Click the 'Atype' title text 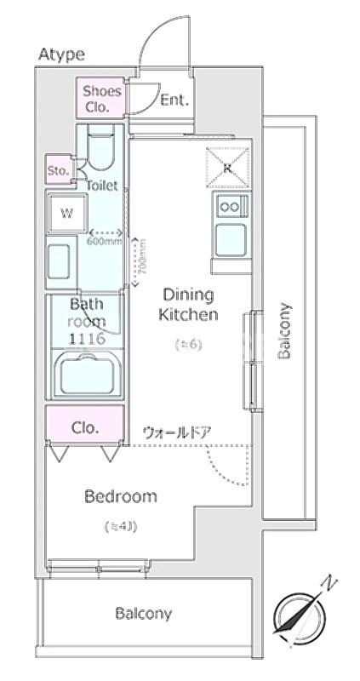tap(61, 54)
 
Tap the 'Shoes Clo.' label tap(101, 100)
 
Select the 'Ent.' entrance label tap(174, 100)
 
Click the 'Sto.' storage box tap(58, 169)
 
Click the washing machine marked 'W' tap(66, 213)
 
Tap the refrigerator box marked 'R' tap(228, 167)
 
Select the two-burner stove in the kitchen tap(231, 205)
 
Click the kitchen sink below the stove tap(231, 240)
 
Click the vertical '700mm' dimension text tap(142, 256)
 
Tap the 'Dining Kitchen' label tap(190, 305)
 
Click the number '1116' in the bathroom tap(86, 339)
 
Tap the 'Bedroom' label tap(120, 497)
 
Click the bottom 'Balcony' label tap(144, 613)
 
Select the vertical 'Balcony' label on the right tap(285, 331)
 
